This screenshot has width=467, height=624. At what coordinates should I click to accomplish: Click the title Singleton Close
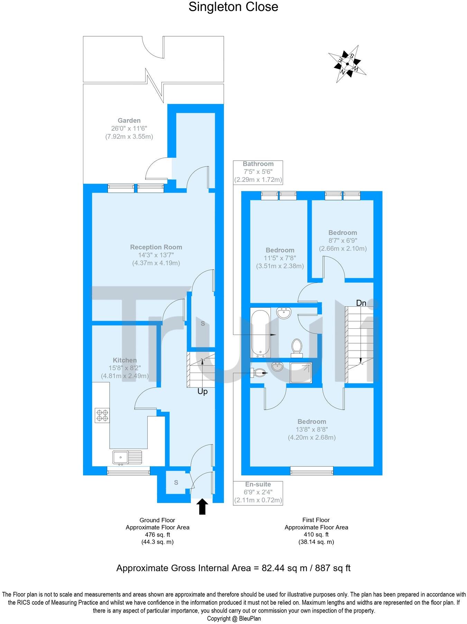click(233, 7)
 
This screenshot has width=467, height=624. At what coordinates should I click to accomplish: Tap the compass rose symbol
click(347, 64)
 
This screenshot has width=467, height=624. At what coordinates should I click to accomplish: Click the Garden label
click(129, 121)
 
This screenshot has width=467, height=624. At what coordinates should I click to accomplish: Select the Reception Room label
click(156, 247)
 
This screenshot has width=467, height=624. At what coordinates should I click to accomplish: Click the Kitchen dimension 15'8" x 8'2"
click(125, 368)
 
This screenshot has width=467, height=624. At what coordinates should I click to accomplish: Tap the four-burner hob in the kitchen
click(102, 415)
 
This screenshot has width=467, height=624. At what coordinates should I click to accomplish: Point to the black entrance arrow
click(202, 506)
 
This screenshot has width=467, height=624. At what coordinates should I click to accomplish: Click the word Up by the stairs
click(202, 392)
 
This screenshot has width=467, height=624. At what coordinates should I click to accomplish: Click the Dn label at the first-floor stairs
click(361, 303)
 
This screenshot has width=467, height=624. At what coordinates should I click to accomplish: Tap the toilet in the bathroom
click(296, 347)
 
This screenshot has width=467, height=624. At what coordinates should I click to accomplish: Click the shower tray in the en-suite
click(301, 373)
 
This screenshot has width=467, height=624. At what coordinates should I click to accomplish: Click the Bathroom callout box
click(258, 172)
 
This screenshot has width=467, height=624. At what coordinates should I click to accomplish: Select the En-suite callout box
click(258, 492)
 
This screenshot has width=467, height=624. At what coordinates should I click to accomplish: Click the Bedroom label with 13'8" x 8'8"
click(312, 422)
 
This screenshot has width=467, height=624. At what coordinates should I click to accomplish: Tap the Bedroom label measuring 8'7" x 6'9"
click(342, 233)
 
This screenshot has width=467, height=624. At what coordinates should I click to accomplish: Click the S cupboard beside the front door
click(176, 482)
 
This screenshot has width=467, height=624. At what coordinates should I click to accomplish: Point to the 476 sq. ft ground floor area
click(157, 535)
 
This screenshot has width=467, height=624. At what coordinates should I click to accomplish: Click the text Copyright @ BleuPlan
click(234, 618)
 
